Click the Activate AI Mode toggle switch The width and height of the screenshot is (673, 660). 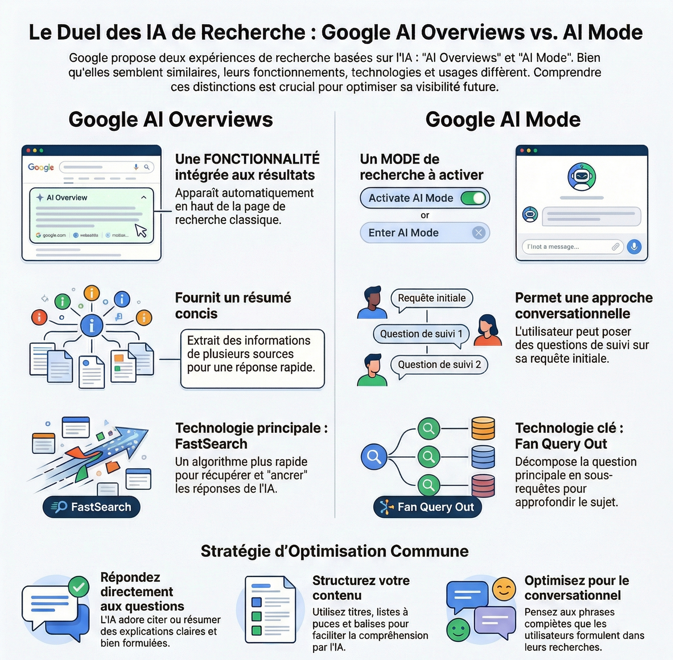(474, 198)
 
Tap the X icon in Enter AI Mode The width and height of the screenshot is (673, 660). (478, 233)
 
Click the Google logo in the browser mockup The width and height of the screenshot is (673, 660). (41, 168)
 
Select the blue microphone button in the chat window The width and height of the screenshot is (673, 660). (634, 247)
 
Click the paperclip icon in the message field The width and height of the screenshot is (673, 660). (616, 247)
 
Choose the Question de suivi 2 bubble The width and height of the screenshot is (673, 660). (439, 365)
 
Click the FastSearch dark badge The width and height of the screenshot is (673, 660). (91, 507)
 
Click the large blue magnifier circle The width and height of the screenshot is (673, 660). (374, 456)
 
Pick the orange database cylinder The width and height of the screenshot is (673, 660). (483, 428)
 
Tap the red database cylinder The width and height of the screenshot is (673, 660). (483, 485)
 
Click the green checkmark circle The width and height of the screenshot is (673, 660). (79, 586)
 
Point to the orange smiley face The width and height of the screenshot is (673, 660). (504, 589)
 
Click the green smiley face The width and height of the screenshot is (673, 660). (458, 630)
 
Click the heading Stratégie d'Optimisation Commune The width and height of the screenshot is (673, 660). (335, 551)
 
